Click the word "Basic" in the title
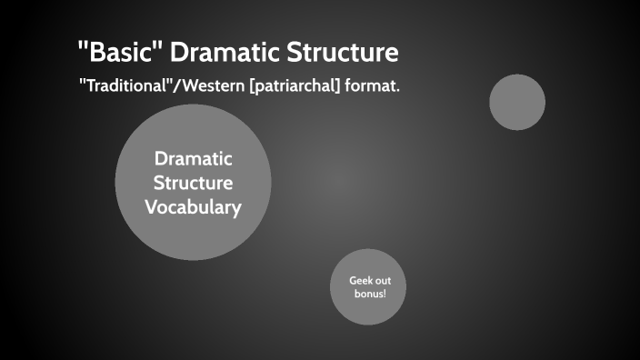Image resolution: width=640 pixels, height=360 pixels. pos(117,53)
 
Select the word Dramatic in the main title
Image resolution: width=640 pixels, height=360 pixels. pos(226,53)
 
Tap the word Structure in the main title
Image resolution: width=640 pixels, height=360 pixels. pos(345,53)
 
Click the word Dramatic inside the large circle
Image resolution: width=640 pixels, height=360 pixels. pos(193,158)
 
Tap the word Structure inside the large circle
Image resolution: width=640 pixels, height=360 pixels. pos(193,183)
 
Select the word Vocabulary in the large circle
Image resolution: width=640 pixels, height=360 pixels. pos(193,207)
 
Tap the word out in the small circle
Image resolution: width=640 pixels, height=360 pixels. pos(384,280)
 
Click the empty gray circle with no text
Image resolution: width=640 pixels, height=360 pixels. pos(517,102)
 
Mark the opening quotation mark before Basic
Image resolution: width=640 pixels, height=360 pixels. pos(83,45)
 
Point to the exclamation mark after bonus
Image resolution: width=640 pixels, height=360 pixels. pos(385,295)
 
